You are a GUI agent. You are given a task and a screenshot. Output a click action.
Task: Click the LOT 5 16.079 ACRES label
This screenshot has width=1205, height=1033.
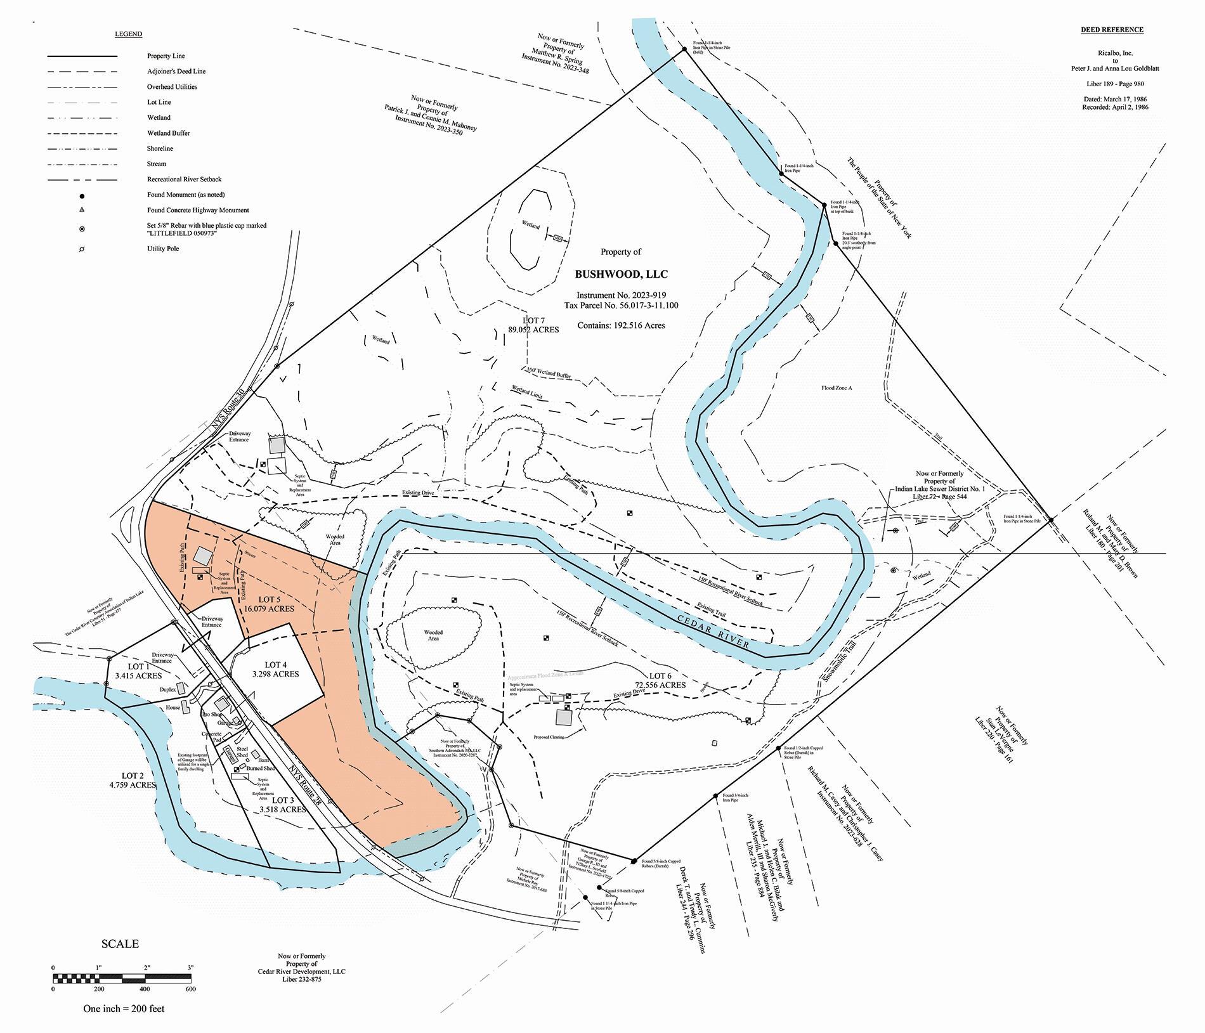pyautogui.click(x=269, y=604)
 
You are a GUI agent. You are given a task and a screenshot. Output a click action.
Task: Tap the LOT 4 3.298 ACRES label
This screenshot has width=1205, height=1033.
pyautogui.click(x=275, y=669)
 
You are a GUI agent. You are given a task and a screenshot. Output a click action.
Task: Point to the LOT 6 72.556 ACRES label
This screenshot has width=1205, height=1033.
pyautogui.click(x=660, y=680)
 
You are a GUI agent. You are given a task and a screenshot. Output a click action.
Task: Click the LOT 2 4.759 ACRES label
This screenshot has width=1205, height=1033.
pyautogui.click(x=132, y=780)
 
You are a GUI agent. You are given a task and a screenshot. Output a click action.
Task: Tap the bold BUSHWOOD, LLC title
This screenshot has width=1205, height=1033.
pyautogui.click(x=621, y=275)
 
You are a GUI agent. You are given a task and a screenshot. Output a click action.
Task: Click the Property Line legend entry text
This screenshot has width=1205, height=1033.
pyautogui.click(x=166, y=56)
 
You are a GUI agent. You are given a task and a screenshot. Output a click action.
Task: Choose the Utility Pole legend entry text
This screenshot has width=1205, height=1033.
pyautogui.click(x=163, y=249)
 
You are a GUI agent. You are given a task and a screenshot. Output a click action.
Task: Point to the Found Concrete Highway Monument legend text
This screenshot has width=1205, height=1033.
pyautogui.click(x=198, y=210)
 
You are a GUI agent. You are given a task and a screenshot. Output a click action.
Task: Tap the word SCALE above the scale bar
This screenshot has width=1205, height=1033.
pyautogui.click(x=120, y=944)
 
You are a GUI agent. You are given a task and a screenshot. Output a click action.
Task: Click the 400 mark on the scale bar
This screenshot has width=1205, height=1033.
pyautogui.click(x=144, y=989)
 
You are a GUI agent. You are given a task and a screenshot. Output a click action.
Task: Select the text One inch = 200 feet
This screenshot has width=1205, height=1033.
pyautogui.click(x=124, y=1008)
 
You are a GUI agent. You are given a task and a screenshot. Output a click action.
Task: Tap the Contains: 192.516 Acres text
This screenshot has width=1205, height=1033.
pyautogui.click(x=621, y=325)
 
